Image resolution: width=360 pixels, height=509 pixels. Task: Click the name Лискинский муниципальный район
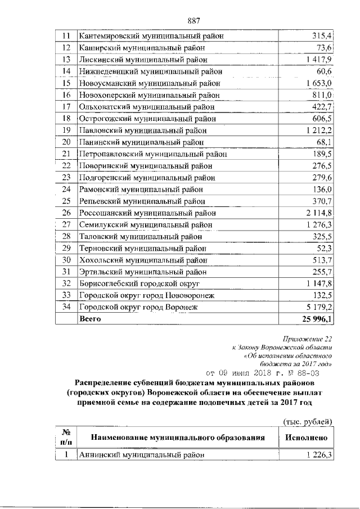(143, 59)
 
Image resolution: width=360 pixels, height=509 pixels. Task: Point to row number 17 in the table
(66, 107)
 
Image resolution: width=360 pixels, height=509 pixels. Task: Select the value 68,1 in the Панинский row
(324, 142)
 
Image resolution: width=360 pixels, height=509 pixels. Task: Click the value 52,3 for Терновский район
(324, 249)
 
